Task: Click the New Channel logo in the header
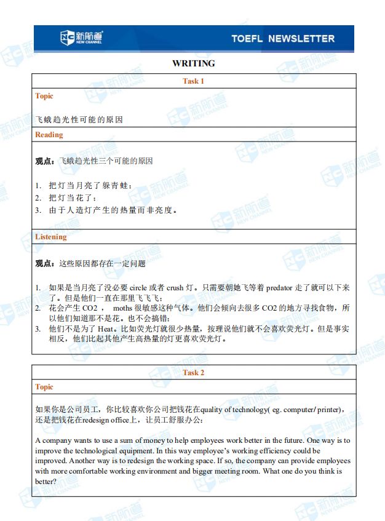(x=82, y=38)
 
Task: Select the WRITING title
(x=194, y=63)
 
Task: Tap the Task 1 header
(x=194, y=81)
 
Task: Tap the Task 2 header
(x=194, y=373)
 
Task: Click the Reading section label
(x=49, y=135)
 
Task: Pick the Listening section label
(x=51, y=237)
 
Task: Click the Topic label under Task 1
(x=44, y=96)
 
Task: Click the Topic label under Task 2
(x=44, y=387)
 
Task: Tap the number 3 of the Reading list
(x=38, y=210)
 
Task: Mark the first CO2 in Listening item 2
(x=90, y=308)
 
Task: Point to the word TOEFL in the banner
(x=247, y=39)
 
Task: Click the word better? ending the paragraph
(x=46, y=482)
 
